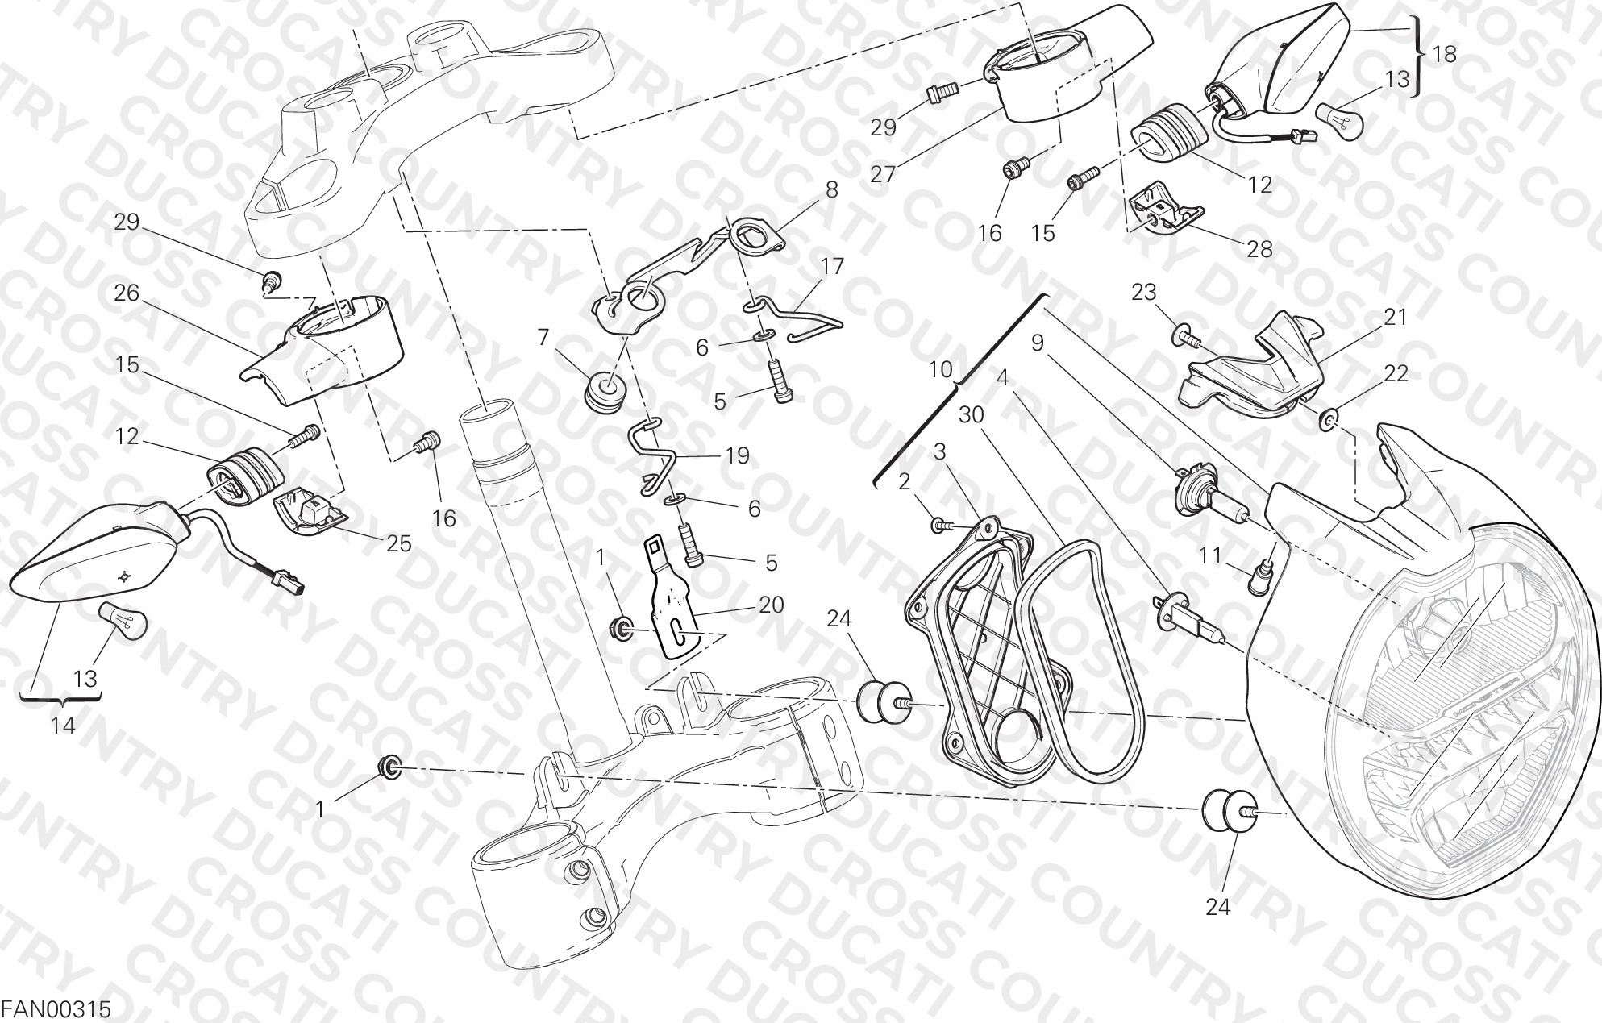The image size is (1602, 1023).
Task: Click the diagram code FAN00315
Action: point(56,1008)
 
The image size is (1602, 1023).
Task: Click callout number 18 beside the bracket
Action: point(1445,54)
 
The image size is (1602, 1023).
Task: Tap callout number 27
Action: point(884,173)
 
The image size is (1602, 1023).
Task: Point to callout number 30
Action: point(972,414)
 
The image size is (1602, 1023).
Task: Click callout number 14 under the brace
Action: point(62,726)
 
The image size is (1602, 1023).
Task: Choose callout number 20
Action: point(771,604)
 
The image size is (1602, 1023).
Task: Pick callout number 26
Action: point(127,293)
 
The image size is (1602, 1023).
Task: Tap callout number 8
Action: point(831,189)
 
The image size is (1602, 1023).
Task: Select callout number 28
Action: point(1259,249)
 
